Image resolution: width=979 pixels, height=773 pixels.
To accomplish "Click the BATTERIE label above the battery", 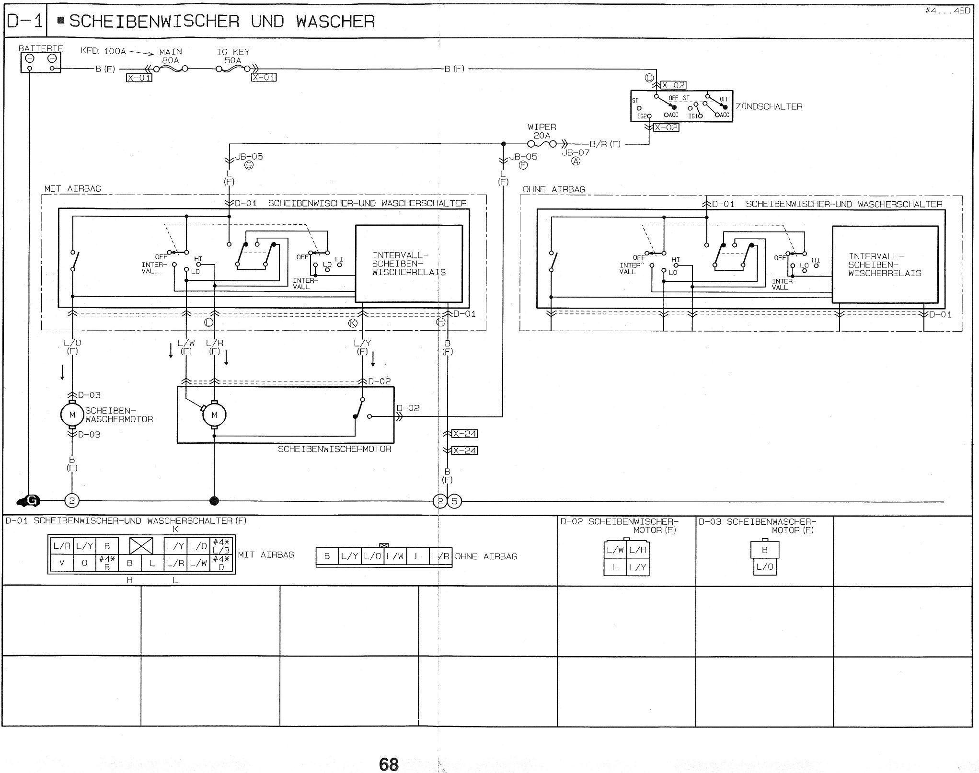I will (41, 48).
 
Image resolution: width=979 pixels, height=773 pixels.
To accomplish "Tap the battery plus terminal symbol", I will (52, 58).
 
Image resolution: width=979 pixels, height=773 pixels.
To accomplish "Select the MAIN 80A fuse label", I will (171, 56).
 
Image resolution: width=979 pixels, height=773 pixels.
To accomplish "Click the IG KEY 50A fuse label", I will (233, 56).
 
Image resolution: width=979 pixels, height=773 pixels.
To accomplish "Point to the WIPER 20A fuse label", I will (542, 131).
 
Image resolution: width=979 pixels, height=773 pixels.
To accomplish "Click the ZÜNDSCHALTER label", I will (769, 106).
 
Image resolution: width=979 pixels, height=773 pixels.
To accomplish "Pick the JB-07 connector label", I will (576, 152).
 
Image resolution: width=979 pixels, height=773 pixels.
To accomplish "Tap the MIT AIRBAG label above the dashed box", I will (73, 189).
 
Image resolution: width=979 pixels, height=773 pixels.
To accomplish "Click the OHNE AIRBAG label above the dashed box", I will (554, 189).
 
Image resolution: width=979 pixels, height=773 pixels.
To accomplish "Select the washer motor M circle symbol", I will (72, 415).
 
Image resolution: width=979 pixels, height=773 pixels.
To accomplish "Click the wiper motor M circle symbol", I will (214, 415).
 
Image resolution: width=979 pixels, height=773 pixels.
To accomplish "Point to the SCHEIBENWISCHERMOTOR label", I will (334, 449).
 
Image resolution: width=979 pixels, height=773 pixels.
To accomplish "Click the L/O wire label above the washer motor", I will (72, 343).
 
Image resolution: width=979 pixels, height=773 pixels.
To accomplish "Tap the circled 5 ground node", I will (454, 502).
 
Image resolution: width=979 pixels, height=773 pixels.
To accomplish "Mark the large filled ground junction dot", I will (214, 501).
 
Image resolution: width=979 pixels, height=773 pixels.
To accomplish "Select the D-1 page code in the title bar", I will (25, 22).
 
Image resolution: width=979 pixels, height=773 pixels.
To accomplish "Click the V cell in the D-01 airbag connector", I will (62, 563).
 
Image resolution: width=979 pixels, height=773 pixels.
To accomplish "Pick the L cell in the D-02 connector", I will (615, 568).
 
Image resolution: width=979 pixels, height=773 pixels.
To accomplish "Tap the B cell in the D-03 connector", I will (764, 550).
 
